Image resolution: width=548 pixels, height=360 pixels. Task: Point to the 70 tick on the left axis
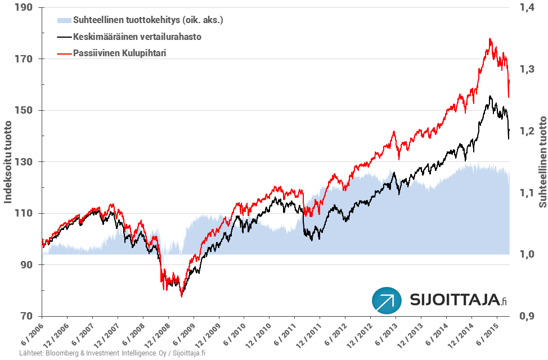click(x=26, y=316)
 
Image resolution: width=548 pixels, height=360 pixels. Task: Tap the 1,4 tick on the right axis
click(x=524, y=8)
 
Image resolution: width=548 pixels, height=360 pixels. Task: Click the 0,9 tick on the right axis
click(x=524, y=316)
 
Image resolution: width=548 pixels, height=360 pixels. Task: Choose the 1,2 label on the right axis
click(x=524, y=131)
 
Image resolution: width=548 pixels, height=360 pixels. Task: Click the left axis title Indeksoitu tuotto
click(x=8, y=162)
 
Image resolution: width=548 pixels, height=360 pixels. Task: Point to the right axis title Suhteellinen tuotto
click(x=542, y=162)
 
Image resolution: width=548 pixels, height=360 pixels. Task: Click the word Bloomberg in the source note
click(x=62, y=353)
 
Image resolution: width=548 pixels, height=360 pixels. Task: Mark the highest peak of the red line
click(x=490, y=39)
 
